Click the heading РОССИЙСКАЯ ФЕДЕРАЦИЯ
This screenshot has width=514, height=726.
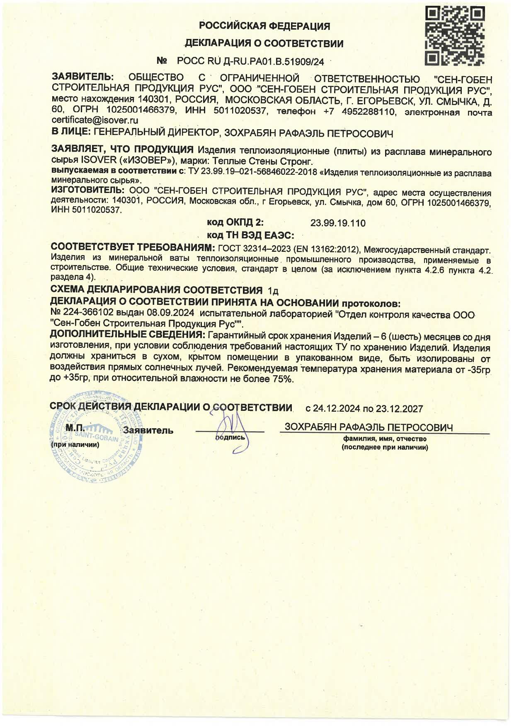[264, 27]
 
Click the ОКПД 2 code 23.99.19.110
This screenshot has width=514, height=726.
[338, 223]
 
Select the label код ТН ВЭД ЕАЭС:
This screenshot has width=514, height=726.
[250, 236]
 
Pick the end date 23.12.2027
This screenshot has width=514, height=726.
[399, 409]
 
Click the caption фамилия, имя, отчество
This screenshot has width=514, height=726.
[385, 439]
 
